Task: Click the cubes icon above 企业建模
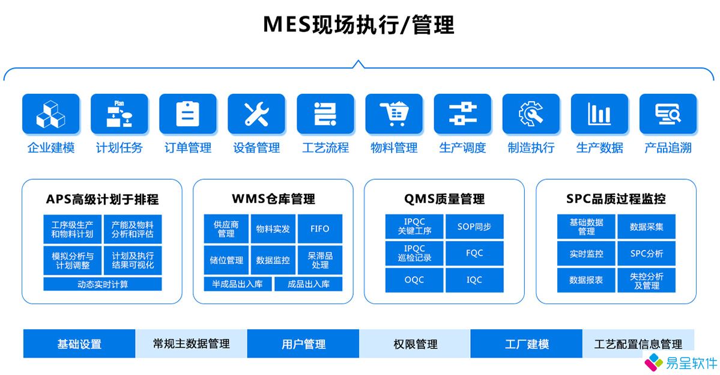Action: [50, 114]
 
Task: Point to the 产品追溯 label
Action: [668, 148]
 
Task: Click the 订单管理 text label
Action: [188, 148]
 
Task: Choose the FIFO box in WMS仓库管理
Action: [320, 229]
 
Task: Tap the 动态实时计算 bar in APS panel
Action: [103, 284]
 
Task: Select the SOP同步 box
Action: [474, 227]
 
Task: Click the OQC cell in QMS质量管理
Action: [414, 280]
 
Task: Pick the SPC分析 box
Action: [647, 253]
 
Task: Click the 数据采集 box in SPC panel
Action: [647, 227]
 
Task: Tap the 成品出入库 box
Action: [309, 284]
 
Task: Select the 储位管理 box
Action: [226, 260]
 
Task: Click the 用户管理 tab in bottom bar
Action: [303, 344]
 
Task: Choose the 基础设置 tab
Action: [79, 344]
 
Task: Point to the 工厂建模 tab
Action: [527, 344]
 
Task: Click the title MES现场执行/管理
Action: [358, 25]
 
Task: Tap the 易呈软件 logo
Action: [680, 363]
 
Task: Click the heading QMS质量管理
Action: [444, 199]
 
